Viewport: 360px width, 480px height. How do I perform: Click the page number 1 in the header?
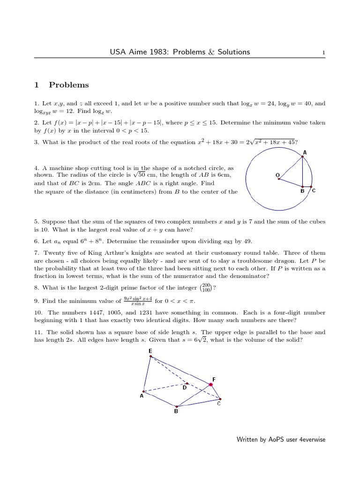click(x=323, y=53)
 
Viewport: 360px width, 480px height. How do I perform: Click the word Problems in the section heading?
click(x=68, y=85)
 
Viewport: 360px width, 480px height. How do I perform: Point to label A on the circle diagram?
click(x=305, y=152)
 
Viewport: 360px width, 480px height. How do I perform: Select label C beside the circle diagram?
click(x=314, y=191)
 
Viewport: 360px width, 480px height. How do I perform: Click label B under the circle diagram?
click(x=302, y=191)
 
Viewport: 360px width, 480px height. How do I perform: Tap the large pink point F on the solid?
click(x=211, y=384)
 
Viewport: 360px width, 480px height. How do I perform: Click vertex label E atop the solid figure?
click(x=150, y=351)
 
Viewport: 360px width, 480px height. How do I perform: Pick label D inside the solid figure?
click(x=184, y=388)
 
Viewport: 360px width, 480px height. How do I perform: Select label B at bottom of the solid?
click(x=176, y=412)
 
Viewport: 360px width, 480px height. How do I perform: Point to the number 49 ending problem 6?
click(x=247, y=241)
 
